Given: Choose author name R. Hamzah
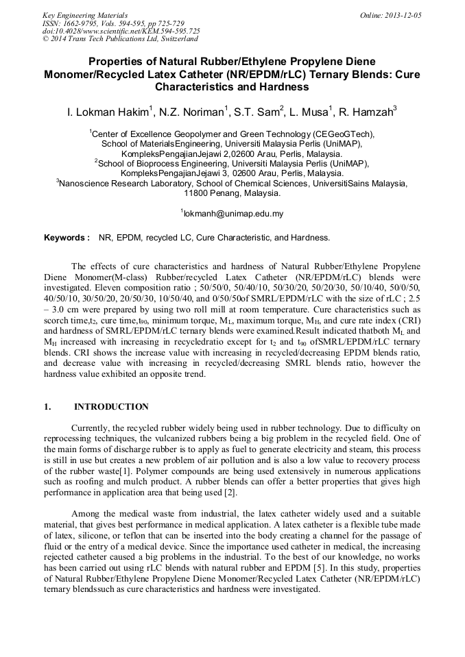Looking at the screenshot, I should pyautogui.click(x=370, y=111).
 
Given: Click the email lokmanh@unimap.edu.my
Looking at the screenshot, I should pyautogui.click(x=233, y=214).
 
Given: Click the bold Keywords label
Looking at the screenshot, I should pyautogui.click(x=67, y=238).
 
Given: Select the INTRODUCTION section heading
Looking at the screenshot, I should pyautogui.click(x=111, y=407).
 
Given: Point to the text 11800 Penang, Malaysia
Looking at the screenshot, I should pyautogui.click(x=232, y=193).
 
